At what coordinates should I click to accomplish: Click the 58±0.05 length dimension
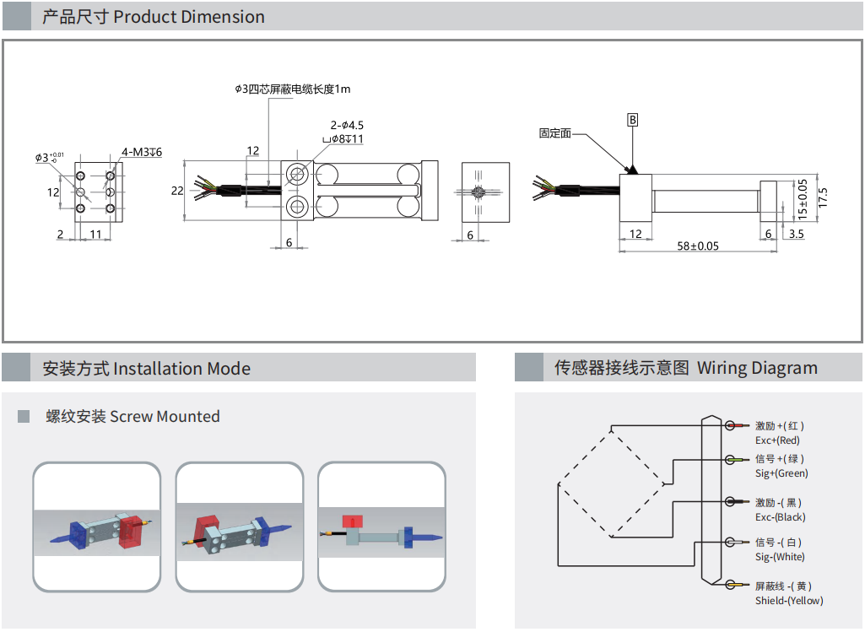pos(698,246)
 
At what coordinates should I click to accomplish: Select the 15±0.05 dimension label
pos(803,200)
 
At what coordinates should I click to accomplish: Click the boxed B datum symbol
pos(632,120)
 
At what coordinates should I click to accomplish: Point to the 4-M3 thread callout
pos(141,152)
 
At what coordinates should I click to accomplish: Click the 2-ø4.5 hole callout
pos(347,126)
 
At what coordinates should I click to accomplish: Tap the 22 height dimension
pos(177,191)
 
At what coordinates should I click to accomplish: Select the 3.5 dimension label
pos(796,234)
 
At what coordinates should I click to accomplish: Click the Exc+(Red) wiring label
pos(777,440)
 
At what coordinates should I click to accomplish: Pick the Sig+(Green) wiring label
pos(781,473)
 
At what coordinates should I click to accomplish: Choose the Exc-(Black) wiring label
pos(780,517)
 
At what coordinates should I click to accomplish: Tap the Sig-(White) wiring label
pos(780,557)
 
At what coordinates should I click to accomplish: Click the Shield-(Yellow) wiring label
pos(789,601)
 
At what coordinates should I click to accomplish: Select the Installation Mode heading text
pos(146,369)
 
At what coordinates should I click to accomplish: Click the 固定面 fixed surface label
pos(555,132)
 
